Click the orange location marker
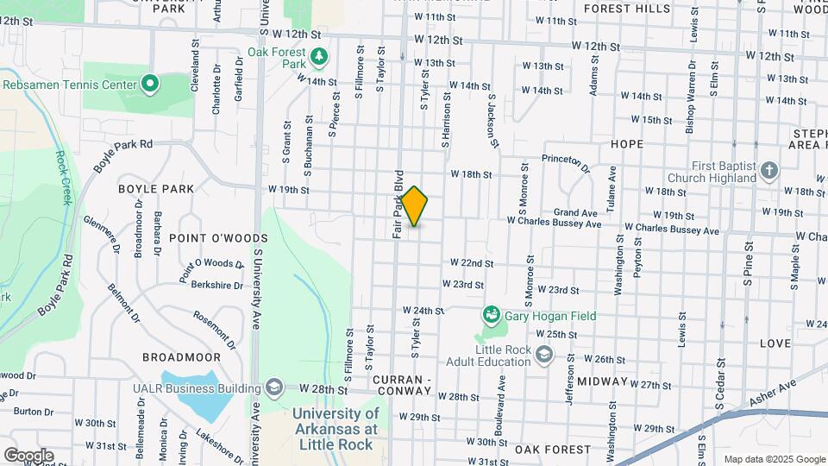pyautogui.click(x=415, y=206)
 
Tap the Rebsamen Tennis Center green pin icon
pyautogui.click(x=150, y=84)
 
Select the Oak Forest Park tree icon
pyautogui.click(x=320, y=57)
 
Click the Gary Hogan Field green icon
pyautogui.click(x=492, y=315)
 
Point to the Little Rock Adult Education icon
pyautogui.click(x=544, y=354)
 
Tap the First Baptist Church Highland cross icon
pyautogui.click(x=769, y=171)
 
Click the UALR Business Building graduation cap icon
pyautogui.click(x=274, y=386)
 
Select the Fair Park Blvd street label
pyautogui.click(x=398, y=204)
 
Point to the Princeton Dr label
pyautogui.click(x=565, y=162)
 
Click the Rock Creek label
pyautogui.click(x=63, y=178)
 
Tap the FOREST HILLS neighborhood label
pyautogui.click(x=626, y=9)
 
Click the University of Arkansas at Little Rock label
pyautogui.click(x=335, y=429)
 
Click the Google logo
pyautogui.click(x=28, y=455)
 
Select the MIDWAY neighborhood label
pyautogui.click(x=603, y=381)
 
